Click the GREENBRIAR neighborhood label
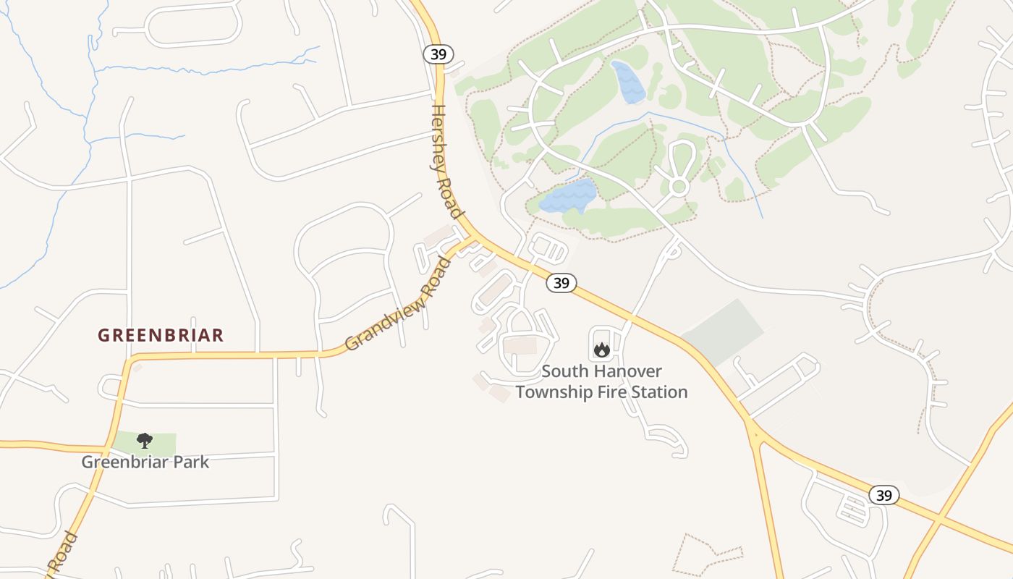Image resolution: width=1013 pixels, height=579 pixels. point(161,336)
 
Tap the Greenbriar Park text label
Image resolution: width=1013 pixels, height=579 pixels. point(145,462)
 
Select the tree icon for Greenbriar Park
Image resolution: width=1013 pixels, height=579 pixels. point(145,440)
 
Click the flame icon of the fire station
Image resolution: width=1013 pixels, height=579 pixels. point(601,350)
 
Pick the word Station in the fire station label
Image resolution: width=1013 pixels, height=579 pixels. point(658,392)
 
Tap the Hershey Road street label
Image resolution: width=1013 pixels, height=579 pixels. point(446,161)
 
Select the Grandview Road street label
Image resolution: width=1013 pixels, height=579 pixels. point(397,304)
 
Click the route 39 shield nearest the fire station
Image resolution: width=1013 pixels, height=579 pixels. point(561,283)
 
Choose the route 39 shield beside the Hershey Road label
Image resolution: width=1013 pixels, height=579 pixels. point(438,54)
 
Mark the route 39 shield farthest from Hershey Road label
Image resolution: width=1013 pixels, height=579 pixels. point(883,495)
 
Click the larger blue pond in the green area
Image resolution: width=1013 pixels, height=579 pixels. point(569,195)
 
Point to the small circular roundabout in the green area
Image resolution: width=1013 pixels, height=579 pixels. point(678,187)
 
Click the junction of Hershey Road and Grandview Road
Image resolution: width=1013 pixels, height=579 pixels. point(475,237)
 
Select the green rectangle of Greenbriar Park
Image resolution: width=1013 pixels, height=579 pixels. point(163,443)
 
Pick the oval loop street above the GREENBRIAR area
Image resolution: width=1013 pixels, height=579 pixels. point(193,28)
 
